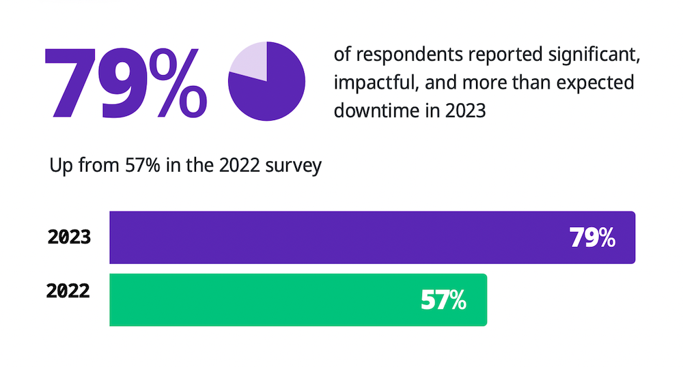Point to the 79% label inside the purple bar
[592, 237]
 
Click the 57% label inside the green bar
[443, 299]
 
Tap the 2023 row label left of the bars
[69, 237]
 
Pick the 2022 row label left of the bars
[68, 291]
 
